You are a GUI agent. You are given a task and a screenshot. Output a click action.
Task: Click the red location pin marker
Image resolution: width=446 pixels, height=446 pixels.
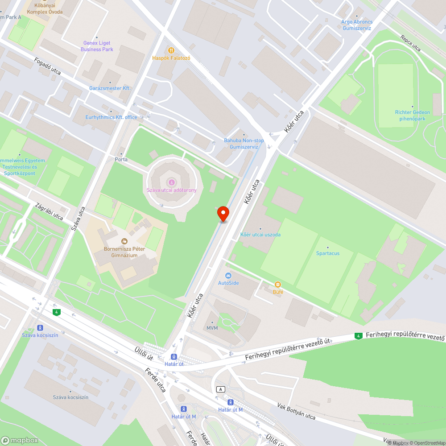223,214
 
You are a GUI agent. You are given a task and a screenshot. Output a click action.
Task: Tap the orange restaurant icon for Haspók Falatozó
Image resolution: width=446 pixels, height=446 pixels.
171,50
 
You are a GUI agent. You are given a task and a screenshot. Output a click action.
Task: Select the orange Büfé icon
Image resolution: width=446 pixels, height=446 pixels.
278,285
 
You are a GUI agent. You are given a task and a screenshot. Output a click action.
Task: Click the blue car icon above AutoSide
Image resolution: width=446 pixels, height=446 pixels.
228,276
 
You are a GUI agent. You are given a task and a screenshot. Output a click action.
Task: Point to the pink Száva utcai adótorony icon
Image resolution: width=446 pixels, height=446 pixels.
172,182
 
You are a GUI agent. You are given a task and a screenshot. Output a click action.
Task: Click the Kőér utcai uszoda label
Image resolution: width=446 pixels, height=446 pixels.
260,235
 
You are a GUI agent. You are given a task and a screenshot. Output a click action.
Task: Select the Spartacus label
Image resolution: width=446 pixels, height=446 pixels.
328,253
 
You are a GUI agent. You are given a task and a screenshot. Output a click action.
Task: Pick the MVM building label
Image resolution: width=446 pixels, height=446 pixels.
212,328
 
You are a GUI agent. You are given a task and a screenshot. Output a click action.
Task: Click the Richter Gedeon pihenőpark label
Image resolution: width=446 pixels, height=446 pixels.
413,116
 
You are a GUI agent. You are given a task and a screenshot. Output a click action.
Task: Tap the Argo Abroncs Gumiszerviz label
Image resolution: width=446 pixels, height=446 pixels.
357,25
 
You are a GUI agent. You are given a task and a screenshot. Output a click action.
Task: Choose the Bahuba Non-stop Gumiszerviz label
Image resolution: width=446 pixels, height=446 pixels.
244,144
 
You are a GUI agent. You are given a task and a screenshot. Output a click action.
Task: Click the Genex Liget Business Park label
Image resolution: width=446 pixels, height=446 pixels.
97,46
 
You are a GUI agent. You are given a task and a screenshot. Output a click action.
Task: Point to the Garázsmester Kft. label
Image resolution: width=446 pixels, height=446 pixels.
110,88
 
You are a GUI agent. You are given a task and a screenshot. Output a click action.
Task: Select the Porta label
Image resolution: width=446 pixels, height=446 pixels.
121,159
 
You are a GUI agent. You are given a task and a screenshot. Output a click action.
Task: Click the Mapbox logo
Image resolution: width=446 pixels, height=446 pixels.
20,440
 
